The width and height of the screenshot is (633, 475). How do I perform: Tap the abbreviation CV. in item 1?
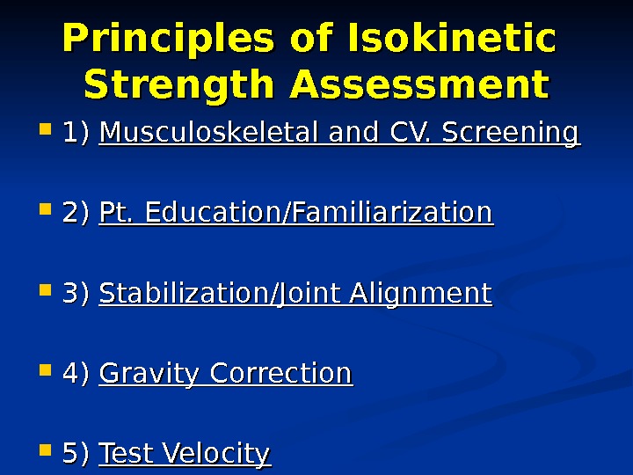[408, 134]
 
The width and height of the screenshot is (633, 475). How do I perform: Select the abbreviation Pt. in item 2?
[118, 213]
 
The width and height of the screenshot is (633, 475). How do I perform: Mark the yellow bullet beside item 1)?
[46, 134]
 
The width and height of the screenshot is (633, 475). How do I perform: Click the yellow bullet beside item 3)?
[46, 293]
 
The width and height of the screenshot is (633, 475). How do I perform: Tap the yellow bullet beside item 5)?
[46, 453]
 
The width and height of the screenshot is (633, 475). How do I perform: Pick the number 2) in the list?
[76, 213]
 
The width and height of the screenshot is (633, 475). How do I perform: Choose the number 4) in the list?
[76, 374]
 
